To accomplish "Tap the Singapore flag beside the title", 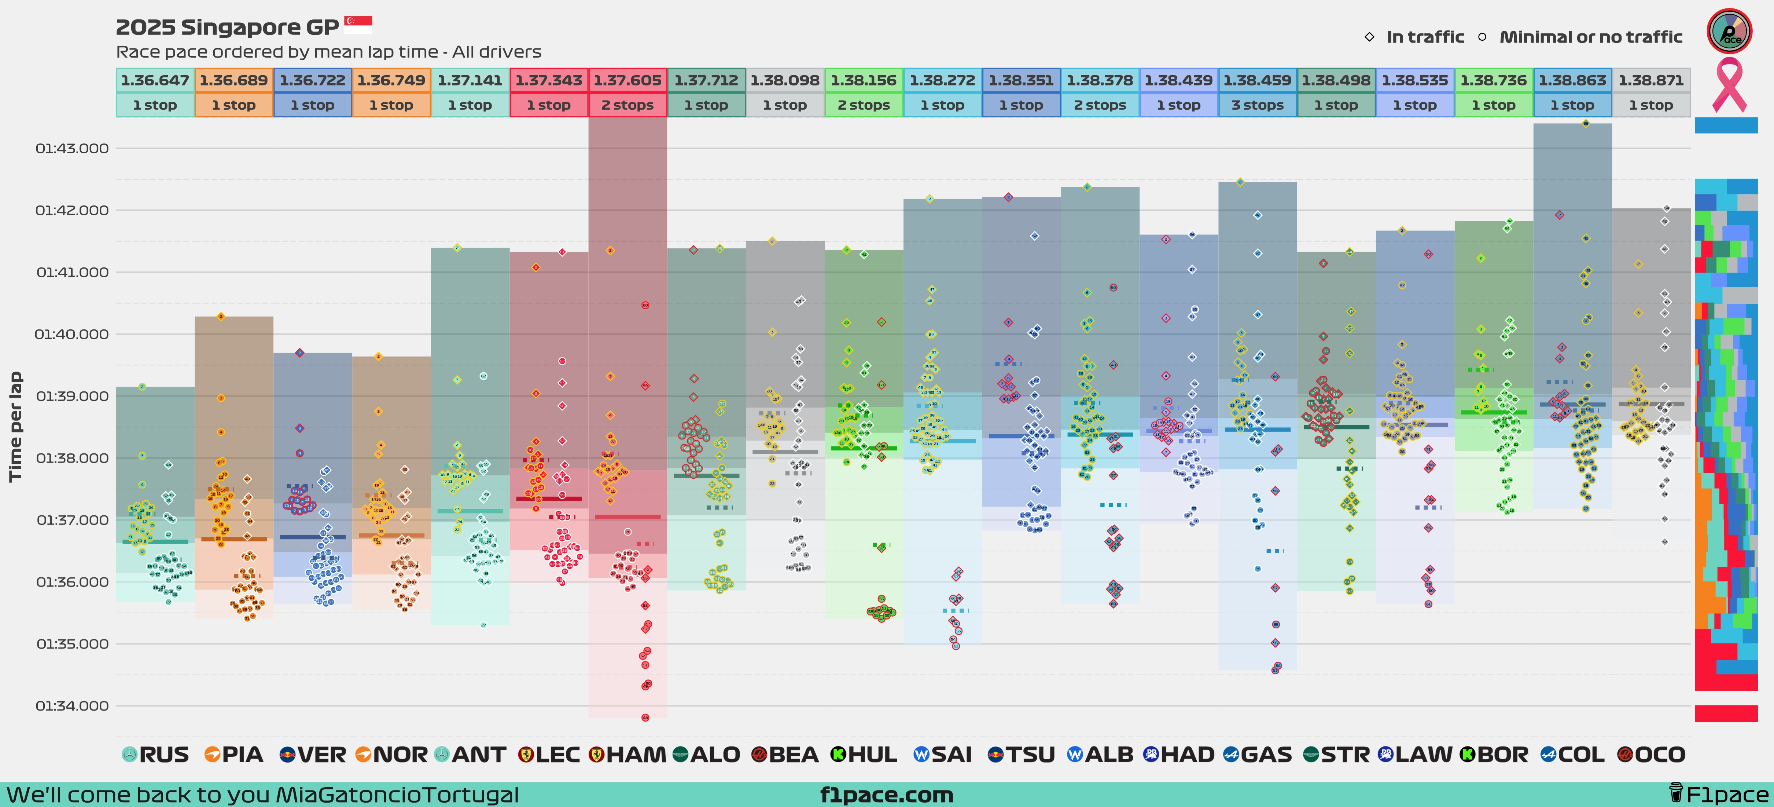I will tap(358, 26).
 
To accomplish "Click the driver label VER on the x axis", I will tap(321, 755).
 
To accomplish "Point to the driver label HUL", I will tap(872, 755).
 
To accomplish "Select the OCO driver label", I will tap(1660, 755).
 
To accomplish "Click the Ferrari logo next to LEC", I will tap(526, 755).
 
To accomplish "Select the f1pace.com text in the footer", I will tap(887, 795).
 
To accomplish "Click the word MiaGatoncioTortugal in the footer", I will tap(397, 795).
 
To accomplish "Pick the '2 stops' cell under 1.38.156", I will tap(864, 105).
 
